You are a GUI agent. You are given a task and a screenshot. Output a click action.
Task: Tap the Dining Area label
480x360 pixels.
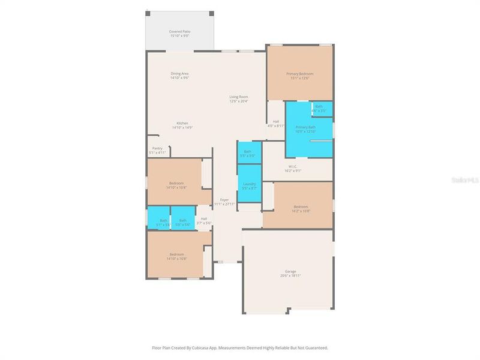[x=179, y=74]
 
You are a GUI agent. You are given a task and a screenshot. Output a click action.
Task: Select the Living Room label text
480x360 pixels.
[x=238, y=97]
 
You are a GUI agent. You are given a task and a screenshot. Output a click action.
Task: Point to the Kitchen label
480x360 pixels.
[x=182, y=123]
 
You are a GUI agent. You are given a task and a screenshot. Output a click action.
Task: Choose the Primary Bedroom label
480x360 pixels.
[x=299, y=74]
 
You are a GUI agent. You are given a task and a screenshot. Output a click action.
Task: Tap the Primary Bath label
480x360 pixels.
[x=305, y=127]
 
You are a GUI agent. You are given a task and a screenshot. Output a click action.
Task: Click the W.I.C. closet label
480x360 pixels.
[x=293, y=167]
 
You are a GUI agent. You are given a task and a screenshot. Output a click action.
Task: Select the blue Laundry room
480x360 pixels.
[x=249, y=185]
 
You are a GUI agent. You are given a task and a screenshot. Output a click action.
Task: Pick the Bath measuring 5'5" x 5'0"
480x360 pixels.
[x=248, y=153]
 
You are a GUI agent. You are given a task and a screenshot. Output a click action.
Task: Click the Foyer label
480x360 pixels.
[x=224, y=200]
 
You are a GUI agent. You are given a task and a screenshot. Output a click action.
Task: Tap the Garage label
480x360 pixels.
[x=290, y=271]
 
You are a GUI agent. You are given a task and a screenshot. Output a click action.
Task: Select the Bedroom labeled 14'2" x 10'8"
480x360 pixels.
[x=300, y=208]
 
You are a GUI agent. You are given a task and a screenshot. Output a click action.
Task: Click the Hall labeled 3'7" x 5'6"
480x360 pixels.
[x=204, y=220]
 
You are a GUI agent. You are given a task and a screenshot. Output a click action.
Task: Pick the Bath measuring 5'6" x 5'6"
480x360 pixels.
[x=182, y=221]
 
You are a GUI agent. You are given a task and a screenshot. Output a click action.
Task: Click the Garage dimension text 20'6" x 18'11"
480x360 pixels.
[x=290, y=275]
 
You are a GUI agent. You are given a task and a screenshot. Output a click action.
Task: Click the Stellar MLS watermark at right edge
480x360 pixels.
[x=467, y=179]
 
